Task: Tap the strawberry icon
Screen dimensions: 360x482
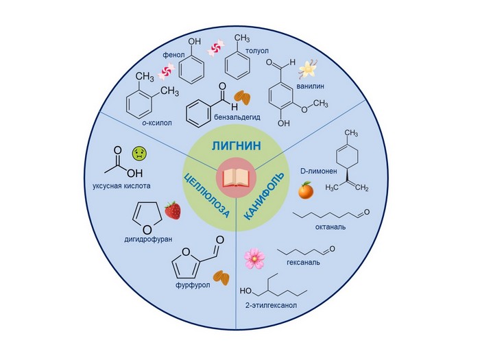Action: [173, 211]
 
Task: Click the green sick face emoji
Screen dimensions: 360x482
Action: [140, 152]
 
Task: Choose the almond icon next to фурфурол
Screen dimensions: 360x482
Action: [221, 277]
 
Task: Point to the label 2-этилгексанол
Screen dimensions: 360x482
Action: [269, 304]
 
